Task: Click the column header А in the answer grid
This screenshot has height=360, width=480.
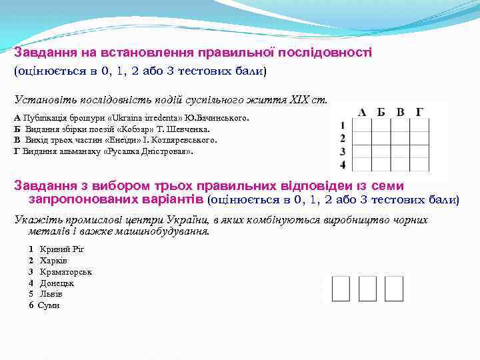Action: point(362,112)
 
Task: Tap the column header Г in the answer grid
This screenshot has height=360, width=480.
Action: point(419,112)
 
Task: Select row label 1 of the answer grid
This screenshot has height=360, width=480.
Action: point(342,125)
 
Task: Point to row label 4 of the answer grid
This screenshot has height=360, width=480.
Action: point(343,164)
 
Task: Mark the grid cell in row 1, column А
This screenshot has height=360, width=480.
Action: point(362,125)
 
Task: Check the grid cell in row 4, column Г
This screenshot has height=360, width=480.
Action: point(419,164)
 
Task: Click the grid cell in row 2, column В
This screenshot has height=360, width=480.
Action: point(400,139)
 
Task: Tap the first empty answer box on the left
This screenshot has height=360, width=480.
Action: point(340,288)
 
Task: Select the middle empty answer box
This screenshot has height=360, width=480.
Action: point(367,288)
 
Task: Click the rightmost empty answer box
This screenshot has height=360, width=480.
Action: point(394,288)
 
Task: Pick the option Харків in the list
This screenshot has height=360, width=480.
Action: point(53,260)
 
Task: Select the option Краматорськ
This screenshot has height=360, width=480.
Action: point(65,271)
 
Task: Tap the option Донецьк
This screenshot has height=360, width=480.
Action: point(57,283)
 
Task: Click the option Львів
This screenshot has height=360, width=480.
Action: point(51,294)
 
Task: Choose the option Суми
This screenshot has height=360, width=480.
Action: point(49,305)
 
